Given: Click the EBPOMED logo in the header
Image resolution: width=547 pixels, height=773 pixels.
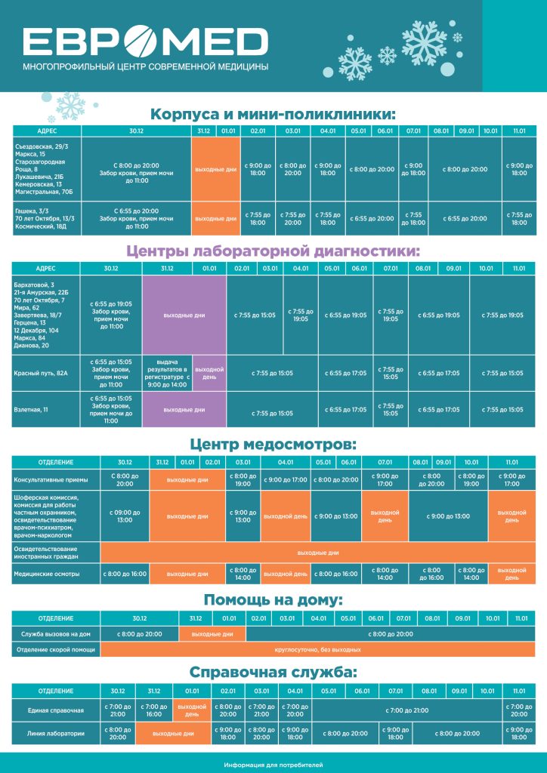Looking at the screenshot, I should point(145,43).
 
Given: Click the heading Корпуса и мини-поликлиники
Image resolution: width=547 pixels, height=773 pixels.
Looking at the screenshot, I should point(273,115).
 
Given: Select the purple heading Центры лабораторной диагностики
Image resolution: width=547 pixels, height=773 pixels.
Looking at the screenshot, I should point(273,251).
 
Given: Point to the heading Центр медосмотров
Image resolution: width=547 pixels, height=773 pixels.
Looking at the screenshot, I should point(273,445).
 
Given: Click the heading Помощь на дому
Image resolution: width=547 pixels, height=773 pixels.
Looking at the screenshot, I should point(273,600).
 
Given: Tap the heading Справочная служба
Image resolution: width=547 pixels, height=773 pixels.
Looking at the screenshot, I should point(273,673).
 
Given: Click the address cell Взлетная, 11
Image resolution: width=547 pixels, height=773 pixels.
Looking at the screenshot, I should point(32,409).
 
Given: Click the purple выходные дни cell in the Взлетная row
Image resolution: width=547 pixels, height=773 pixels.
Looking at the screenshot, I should point(184,409).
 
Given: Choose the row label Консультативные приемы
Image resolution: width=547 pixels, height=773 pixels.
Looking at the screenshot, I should point(51,479).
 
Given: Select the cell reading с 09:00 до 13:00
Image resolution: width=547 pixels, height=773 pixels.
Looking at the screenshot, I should point(124,516).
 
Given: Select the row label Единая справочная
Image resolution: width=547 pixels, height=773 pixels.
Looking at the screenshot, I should point(54,710).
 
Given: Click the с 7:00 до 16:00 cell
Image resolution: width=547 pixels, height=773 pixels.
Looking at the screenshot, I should point(154,710).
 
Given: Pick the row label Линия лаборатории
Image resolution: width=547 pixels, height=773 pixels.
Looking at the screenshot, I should point(54,733).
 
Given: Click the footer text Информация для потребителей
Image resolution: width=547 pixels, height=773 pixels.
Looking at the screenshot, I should point(273,764).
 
